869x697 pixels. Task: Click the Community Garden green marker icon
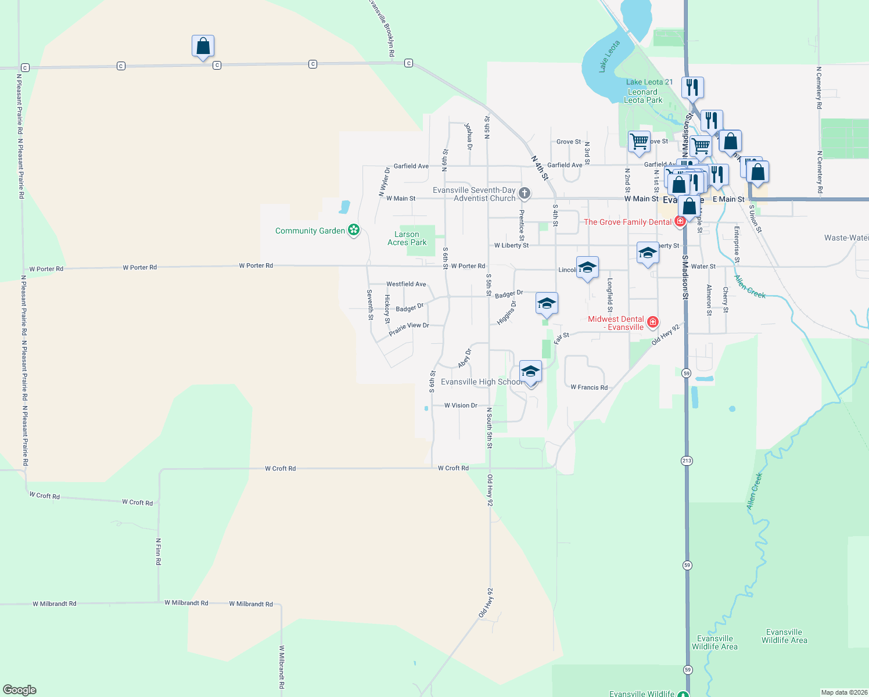tap(354, 230)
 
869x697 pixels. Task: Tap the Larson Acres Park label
tap(407, 239)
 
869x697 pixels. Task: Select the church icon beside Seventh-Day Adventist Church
tap(525, 193)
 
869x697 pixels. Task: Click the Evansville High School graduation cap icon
tap(530, 372)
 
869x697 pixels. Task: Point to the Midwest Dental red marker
tap(653, 322)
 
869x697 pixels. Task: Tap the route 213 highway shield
tap(687, 461)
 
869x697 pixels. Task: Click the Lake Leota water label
tap(609, 56)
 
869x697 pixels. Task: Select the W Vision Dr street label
tap(461, 405)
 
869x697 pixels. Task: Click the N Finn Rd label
tap(158, 551)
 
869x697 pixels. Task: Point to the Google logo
tap(20, 690)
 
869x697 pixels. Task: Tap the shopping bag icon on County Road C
tap(203, 46)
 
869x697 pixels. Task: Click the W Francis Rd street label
tap(589, 387)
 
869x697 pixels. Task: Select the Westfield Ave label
tap(406, 284)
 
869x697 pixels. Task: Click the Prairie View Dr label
tap(409, 329)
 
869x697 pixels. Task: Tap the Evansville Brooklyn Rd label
tap(382, 28)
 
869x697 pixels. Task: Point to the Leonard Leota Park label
tap(642, 96)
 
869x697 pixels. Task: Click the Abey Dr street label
tap(465, 358)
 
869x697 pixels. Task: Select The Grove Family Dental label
tap(627, 222)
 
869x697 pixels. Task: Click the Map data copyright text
tap(844, 692)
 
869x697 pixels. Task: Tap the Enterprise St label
tap(736, 245)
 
